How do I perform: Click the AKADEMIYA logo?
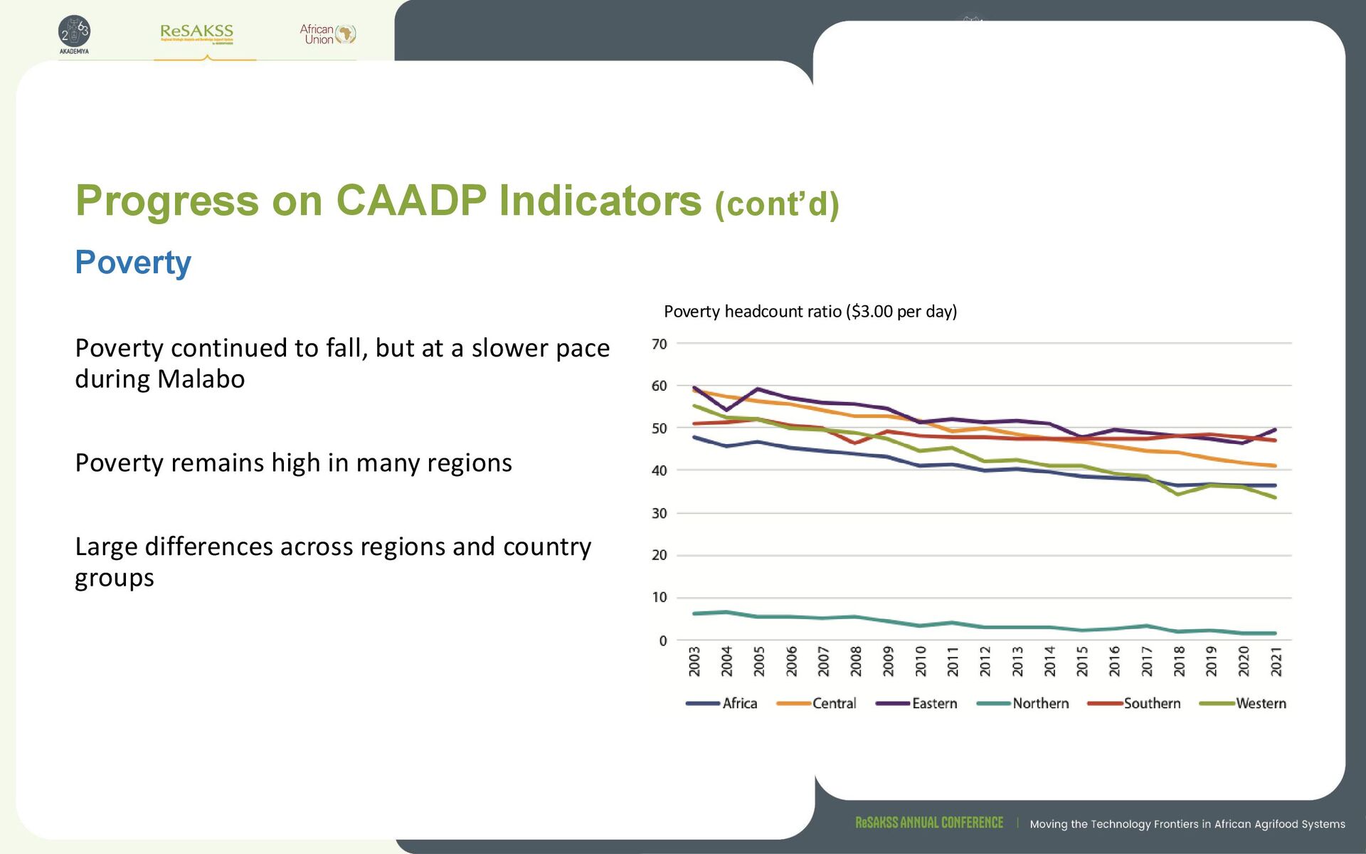74,34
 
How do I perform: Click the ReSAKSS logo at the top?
197,33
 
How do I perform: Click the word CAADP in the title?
411,201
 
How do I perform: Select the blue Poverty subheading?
133,262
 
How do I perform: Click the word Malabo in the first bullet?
201,379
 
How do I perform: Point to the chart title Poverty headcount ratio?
810,312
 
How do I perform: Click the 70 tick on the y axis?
660,344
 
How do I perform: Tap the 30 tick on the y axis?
660,513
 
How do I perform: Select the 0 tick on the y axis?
663,640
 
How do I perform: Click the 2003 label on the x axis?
694,661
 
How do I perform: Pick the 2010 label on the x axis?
921,661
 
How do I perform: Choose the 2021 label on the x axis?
1276,661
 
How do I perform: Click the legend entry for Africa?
739,703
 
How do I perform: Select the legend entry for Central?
834,703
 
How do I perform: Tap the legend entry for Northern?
1040,703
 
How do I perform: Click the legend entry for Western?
1261,703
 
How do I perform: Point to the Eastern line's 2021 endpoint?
1275,430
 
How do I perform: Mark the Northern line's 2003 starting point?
694,613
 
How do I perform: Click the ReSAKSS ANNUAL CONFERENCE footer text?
929,823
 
